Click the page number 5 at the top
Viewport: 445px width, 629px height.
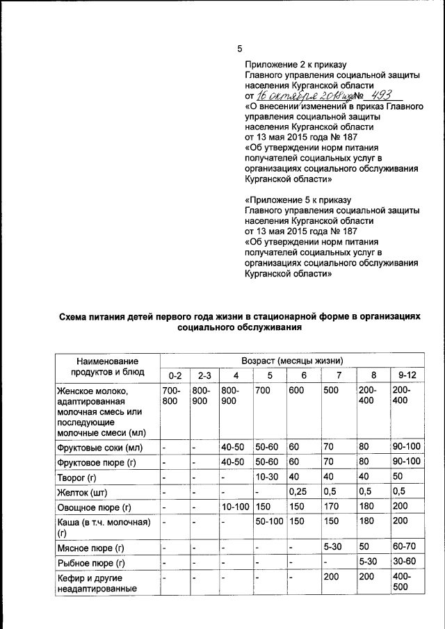[240, 49]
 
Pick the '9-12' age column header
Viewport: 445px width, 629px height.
[407, 376]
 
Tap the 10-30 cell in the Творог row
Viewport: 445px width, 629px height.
[266, 477]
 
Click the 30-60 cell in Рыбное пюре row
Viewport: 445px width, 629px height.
[405, 562]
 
